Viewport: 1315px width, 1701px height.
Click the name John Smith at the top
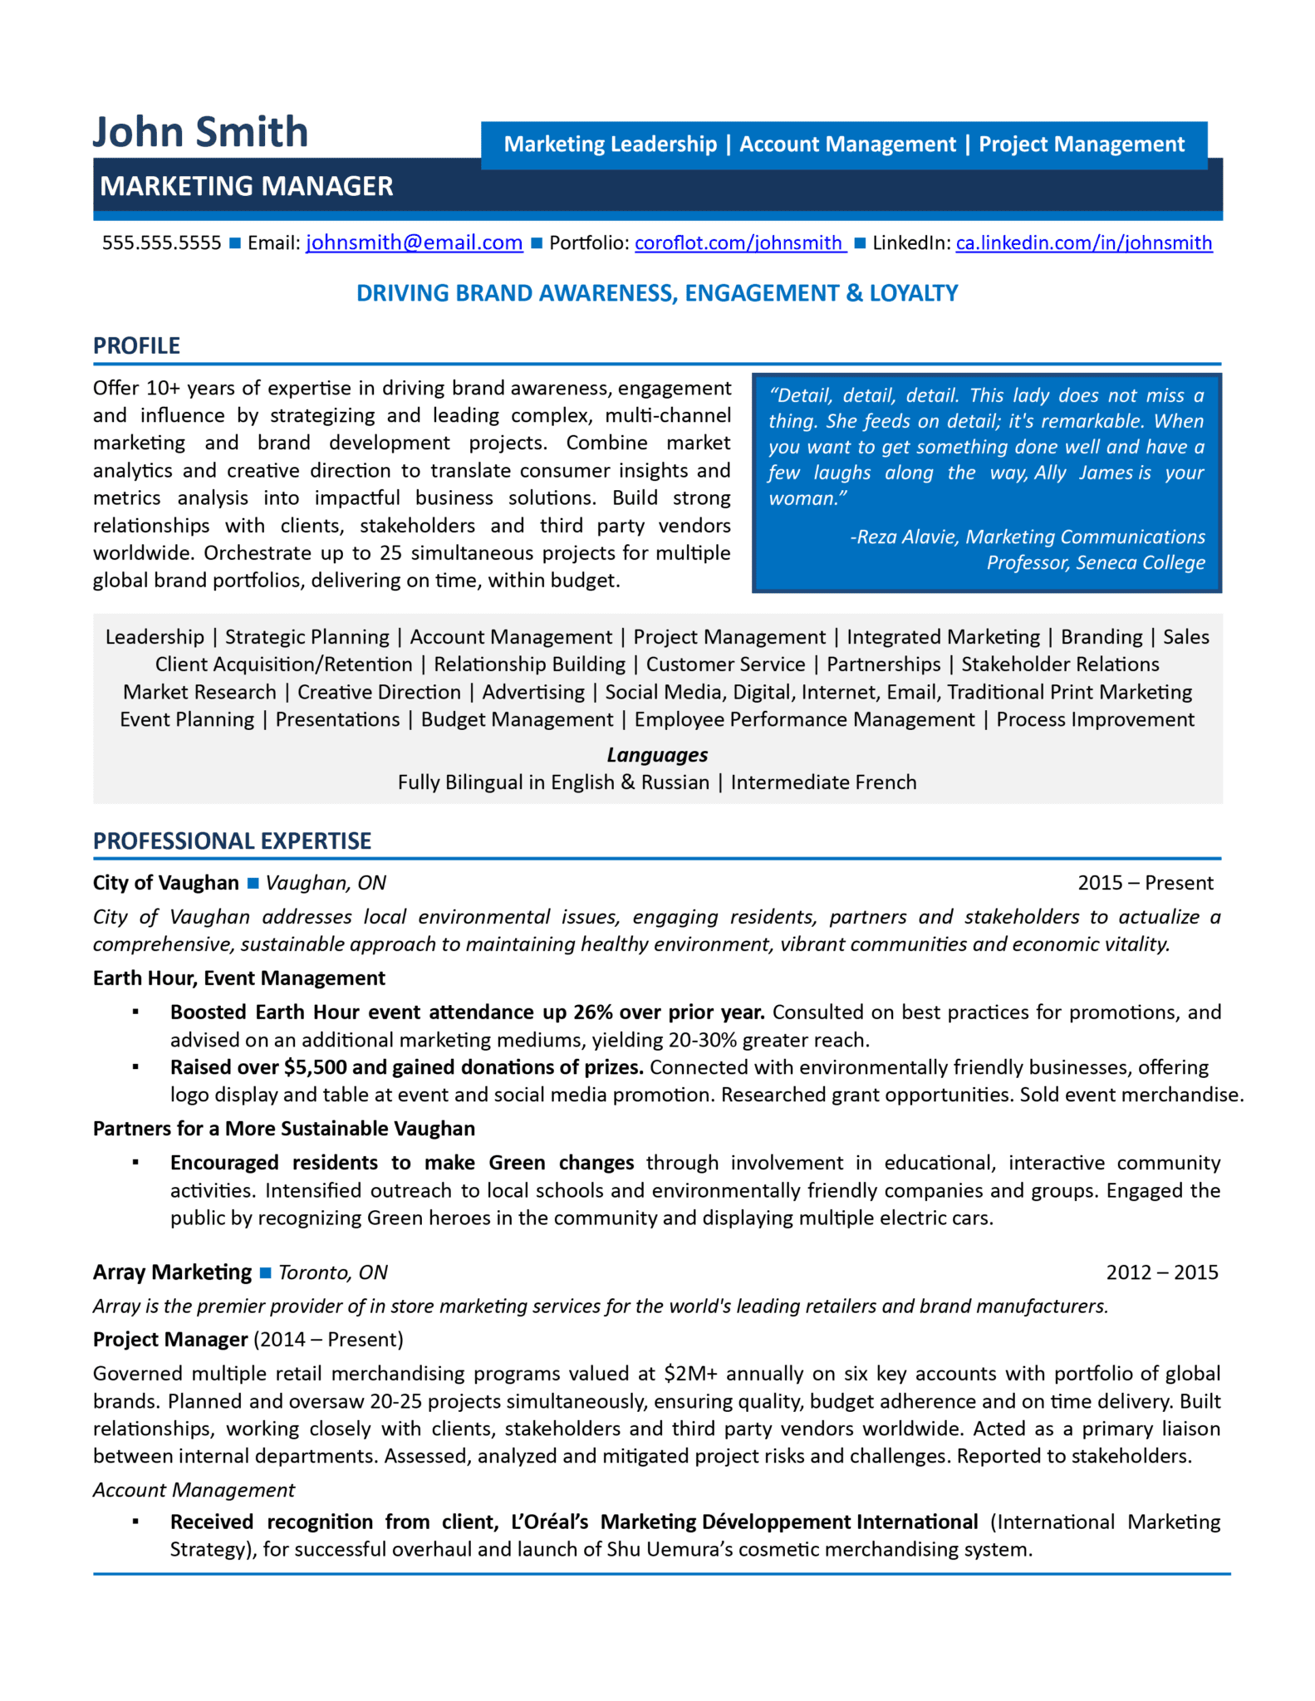tap(200, 133)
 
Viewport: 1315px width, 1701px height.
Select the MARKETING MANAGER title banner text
tap(247, 187)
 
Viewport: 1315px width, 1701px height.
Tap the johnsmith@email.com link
tap(414, 243)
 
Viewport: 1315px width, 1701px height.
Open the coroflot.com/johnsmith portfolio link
tap(738, 243)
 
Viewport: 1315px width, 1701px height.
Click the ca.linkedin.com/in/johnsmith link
tap(1083, 243)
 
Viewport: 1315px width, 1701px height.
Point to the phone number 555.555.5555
tap(161, 243)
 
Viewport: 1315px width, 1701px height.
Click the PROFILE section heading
tap(136, 346)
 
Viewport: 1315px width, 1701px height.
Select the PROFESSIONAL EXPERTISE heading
tap(232, 841)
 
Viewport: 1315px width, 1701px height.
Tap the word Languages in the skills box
tap(657, 754)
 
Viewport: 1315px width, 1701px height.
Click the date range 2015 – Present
tap(1145, 883)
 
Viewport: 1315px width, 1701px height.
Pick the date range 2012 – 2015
tap(1161, 1272)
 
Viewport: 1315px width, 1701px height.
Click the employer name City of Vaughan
tap(165, 883)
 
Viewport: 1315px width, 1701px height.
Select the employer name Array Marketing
tap(172, 1272)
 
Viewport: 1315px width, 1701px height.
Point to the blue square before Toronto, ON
tap(266, 1272)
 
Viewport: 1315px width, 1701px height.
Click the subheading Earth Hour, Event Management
tap(239, 978)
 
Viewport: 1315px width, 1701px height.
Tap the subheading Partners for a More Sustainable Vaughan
tap(284, 1128)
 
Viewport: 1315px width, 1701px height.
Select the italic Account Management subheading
tap(194, 1490)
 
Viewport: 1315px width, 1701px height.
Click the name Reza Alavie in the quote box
tap(906, 537)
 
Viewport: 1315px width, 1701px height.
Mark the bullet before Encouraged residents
tap(135, 1163)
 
